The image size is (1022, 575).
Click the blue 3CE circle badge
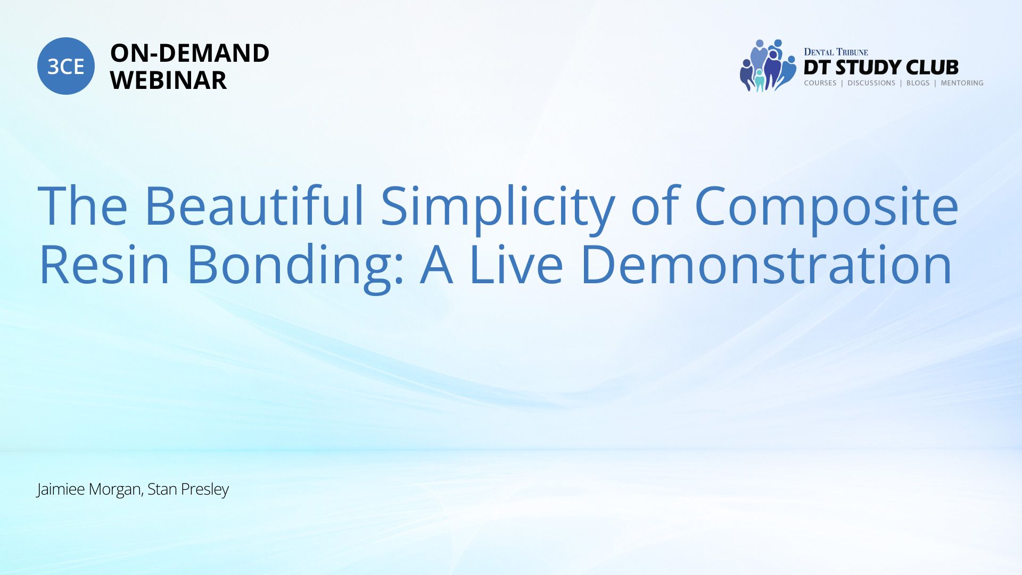tap(66, 66)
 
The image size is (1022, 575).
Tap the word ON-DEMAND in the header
tap(189, 53)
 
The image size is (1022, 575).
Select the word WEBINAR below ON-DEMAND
tap(168, 80)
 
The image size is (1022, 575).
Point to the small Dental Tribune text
tap(836, 52)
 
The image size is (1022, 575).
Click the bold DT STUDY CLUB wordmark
tap(881, 68)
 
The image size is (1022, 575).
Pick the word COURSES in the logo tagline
tap(820, 83)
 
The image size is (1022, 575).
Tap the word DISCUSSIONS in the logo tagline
tap(871, 83)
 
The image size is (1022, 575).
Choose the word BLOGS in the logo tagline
tap(918, 83)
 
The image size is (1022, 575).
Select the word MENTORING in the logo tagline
tap(962, 83)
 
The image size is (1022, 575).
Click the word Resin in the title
tap(104, 264)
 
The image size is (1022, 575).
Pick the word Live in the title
tap(516, 264)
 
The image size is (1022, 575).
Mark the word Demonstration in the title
tap(766, 264)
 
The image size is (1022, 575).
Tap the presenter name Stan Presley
tap(188, 489)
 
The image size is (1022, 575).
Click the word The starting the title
tap(83, 206)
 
